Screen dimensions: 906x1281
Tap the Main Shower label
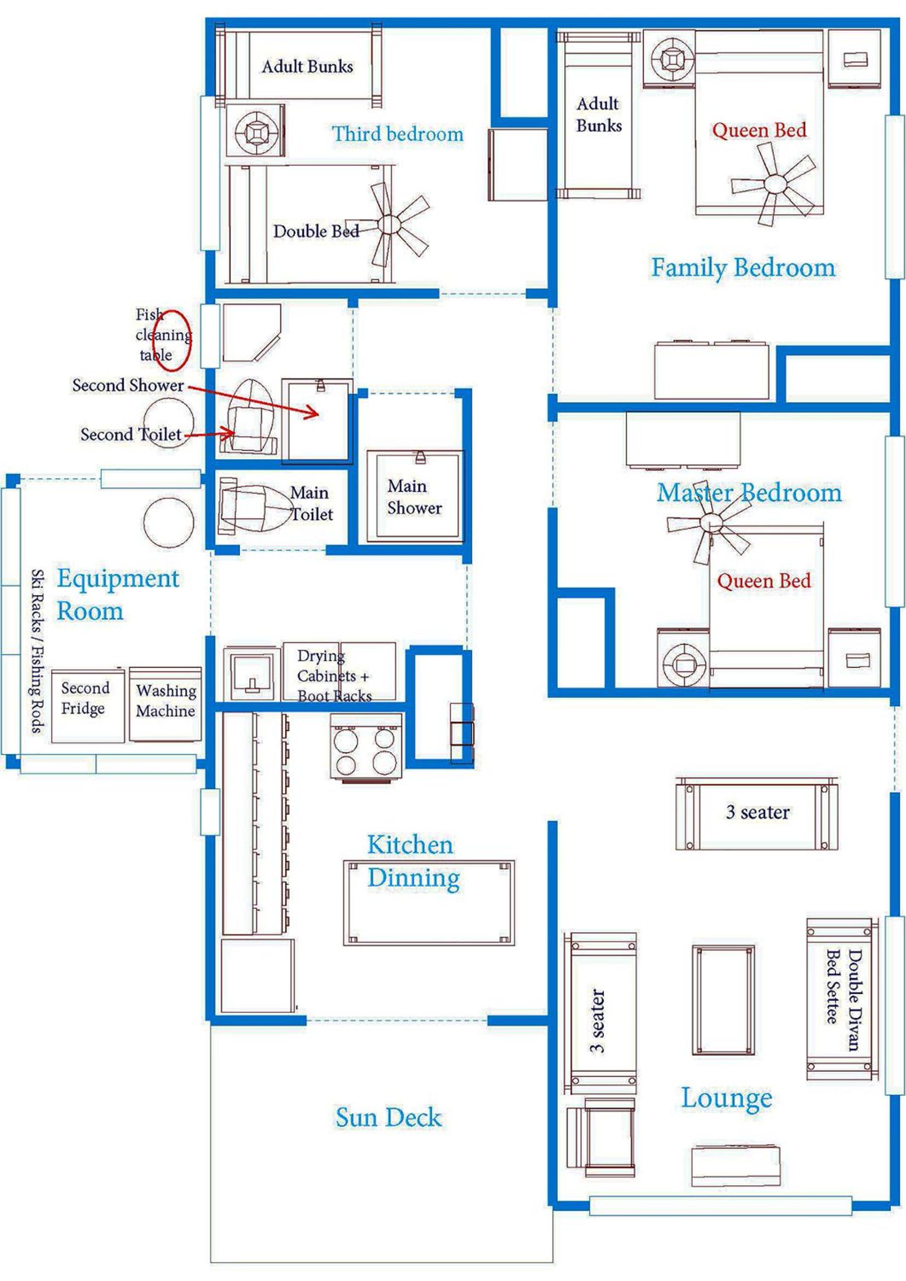[x=414, y=497]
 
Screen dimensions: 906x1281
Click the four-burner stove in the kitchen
[x=367, y=747]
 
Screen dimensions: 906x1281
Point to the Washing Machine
[x=165, y=704]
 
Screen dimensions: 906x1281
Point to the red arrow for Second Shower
[x=253, y=400]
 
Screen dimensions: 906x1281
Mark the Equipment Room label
[x=117, y=594]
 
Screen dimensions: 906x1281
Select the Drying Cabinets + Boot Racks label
[x=334, y=675]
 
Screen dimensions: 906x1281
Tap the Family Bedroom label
[x=743, y=267]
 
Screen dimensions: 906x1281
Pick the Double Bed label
[x=316, y=231]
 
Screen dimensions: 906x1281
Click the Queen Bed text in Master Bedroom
[x=764, y=581]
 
